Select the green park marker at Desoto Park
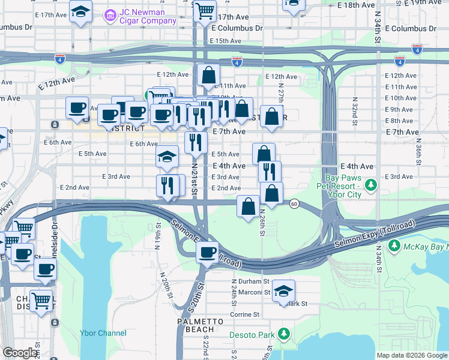[x=284, y=334]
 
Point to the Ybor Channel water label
[x=103, y=333]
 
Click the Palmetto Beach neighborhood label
[x=196, y=326]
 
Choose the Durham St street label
[x=250, y=281]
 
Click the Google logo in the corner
[x=19, y=353]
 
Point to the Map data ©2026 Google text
[x=412, y=355]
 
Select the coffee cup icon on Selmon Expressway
[x=208, y=252]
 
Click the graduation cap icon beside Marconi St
[x=283, y=292]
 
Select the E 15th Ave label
[x=225, y=41]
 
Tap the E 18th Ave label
[x=356, y=5]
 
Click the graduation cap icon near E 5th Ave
[x=167, y=157]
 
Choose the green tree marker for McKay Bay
[x=394, y=245]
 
